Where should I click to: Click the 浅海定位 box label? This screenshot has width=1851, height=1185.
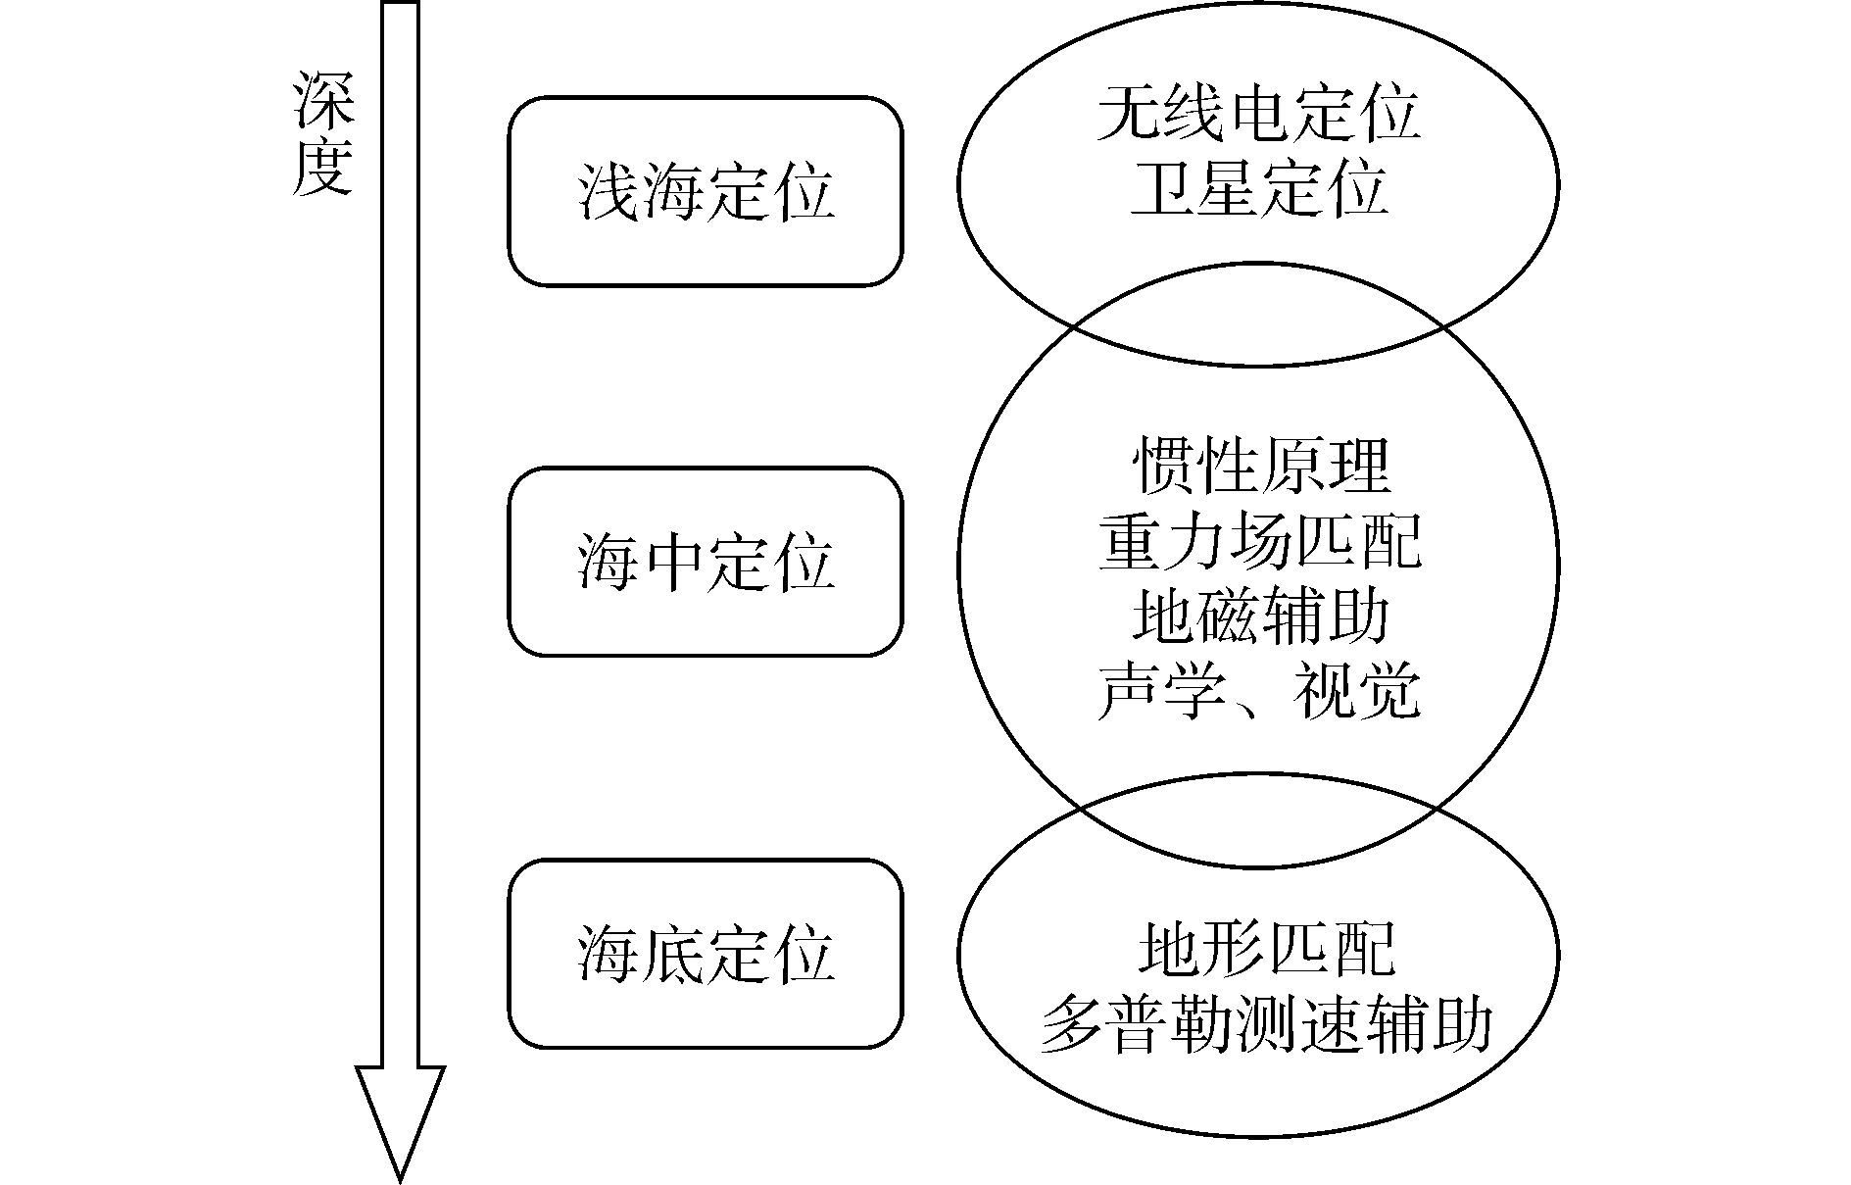706,191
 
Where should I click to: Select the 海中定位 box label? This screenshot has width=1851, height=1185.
706,562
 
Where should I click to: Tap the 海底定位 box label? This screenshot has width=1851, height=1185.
706,954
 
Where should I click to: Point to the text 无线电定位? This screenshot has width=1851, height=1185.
1258,114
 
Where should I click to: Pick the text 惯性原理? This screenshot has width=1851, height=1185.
1261,465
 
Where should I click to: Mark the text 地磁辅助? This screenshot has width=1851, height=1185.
1260,617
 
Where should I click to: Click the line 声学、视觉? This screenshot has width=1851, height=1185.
1259,692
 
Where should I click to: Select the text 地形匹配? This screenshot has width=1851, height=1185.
1265,949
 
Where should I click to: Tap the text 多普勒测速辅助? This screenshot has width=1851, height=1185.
1265,1025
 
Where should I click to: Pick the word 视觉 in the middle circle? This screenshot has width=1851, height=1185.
1356,692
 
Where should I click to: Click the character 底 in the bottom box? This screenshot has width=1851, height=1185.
673,954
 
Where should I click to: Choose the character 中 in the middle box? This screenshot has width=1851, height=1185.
673,562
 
